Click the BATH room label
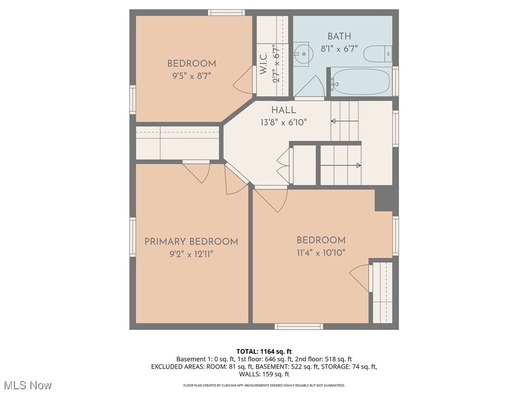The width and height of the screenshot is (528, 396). pyautogui.click(x=339, y=36)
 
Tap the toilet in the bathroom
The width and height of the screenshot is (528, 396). pyautogui.click(x=377, y=54)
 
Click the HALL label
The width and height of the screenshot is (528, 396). pyautogui.click(x=284, y=110)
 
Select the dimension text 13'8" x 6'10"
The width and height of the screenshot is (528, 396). pyautogui.click(x=284, y=123)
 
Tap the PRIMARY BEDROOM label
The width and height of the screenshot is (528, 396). pyautogui.click(x=191, y=241)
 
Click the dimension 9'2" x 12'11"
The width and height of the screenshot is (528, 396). pyautogui.click(x=191, y=254)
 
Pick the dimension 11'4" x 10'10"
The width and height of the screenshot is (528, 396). pyautogui.click(x=321, y=253)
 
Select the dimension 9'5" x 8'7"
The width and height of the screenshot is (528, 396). pyautogui.click(x=191, y=75)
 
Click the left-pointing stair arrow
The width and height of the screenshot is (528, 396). pyautogui.click(x=344, y=121)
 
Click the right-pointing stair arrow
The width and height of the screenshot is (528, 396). pyautogui.click(x=341, y=166)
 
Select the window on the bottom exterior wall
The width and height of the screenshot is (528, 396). pyautogui.click(x=299, y=326)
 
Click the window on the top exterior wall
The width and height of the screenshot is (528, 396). pyautogui.click(x=226, y=12)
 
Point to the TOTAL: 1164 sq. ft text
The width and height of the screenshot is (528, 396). pyautogui.click(x=263, y=351)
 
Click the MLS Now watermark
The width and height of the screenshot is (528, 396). pyautogui.click(x=27, y=385)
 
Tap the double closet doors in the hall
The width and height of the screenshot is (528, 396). pyautogui.click(x=283, y=165)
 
